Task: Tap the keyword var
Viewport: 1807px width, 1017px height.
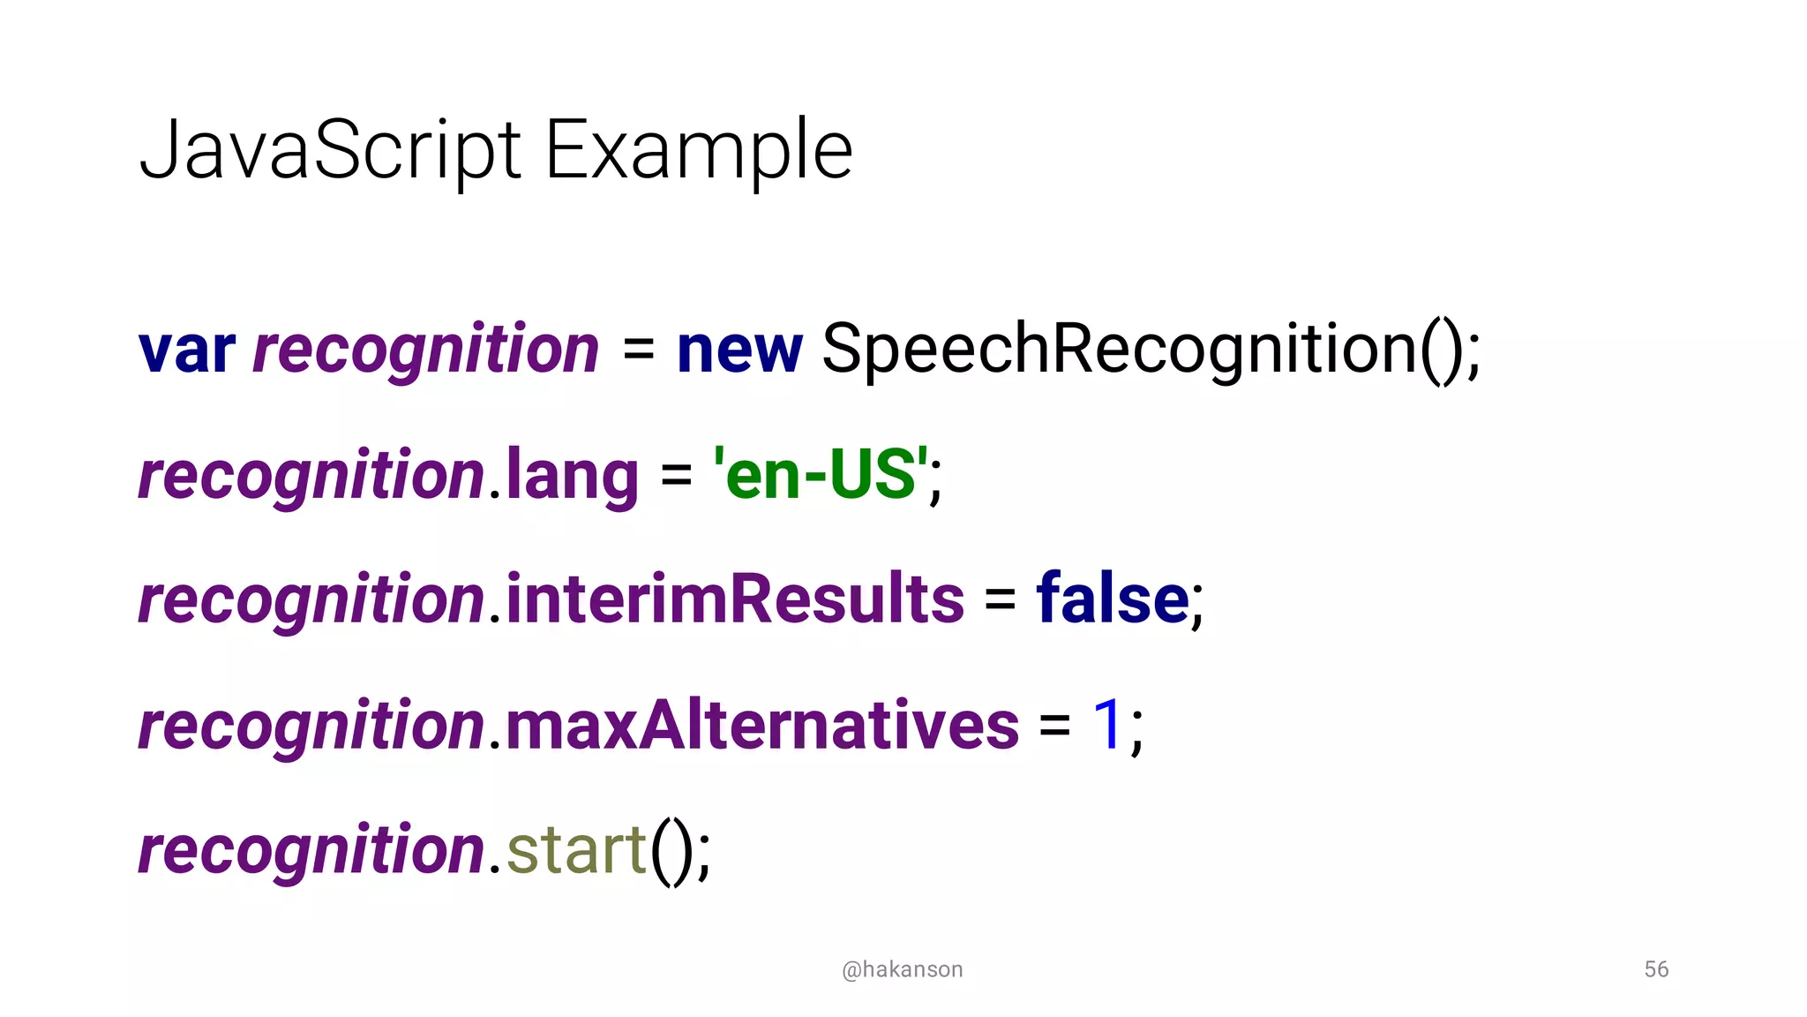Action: (x=187, y=350)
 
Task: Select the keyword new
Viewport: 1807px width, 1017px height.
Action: (x=739, y=350)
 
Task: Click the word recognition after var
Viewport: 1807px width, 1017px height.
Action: (x=425, y=350)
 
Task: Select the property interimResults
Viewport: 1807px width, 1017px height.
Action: (x=735, y=599)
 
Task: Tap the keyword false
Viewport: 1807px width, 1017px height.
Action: (x=1113, y=599)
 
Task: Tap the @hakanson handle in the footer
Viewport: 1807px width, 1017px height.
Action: (x=902, y=969)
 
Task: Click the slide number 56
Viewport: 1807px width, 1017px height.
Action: (x=1656, y=969)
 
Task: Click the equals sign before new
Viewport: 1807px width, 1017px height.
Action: (x=638, y=350)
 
